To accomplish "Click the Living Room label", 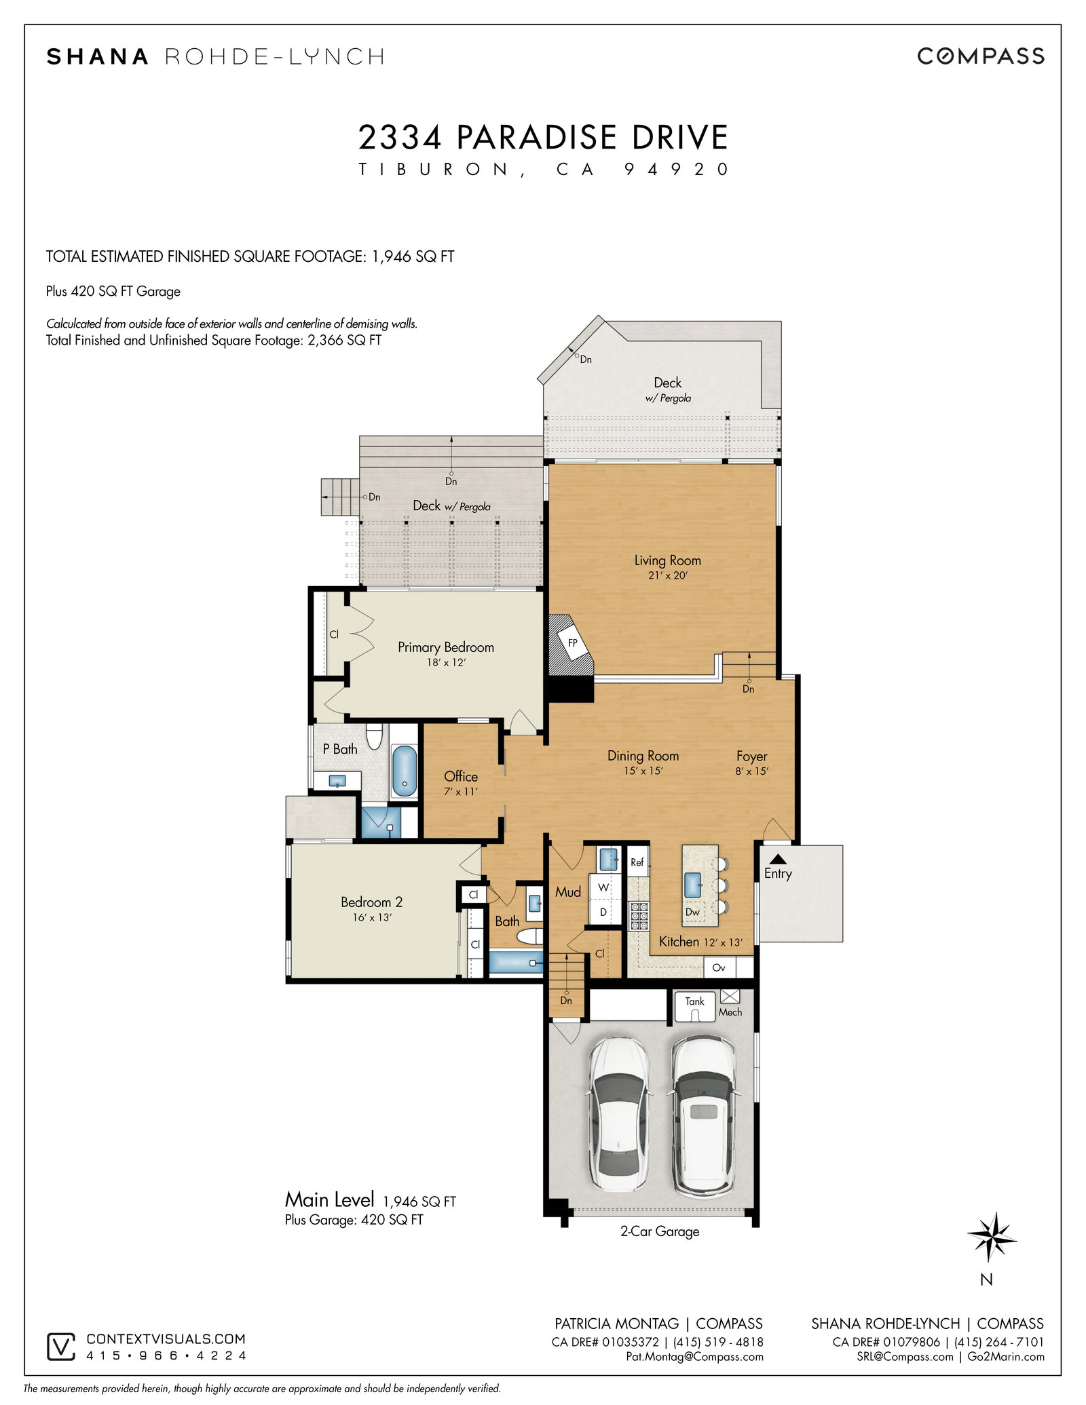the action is (667, 560).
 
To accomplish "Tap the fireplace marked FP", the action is (571, 644).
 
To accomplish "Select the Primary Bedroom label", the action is (446, 647).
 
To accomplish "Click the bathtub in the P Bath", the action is (405, 771).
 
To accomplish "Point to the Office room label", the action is (461, 776).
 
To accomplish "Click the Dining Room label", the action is (643, 756).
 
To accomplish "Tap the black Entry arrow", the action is (778, 859).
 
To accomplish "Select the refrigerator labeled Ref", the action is (637, 862).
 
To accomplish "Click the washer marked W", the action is (603, 887).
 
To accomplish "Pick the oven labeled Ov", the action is (719, 967).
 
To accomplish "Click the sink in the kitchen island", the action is (693, 885).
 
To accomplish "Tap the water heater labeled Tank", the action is (694, 1006).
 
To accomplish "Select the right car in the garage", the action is (703, 1115).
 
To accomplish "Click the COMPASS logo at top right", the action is (981, 56).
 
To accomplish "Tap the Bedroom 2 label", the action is (371, 902).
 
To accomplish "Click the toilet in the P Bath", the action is (374, 737).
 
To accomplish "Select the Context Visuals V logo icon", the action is (61, 1347).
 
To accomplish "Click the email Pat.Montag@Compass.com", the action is (694, 1357).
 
